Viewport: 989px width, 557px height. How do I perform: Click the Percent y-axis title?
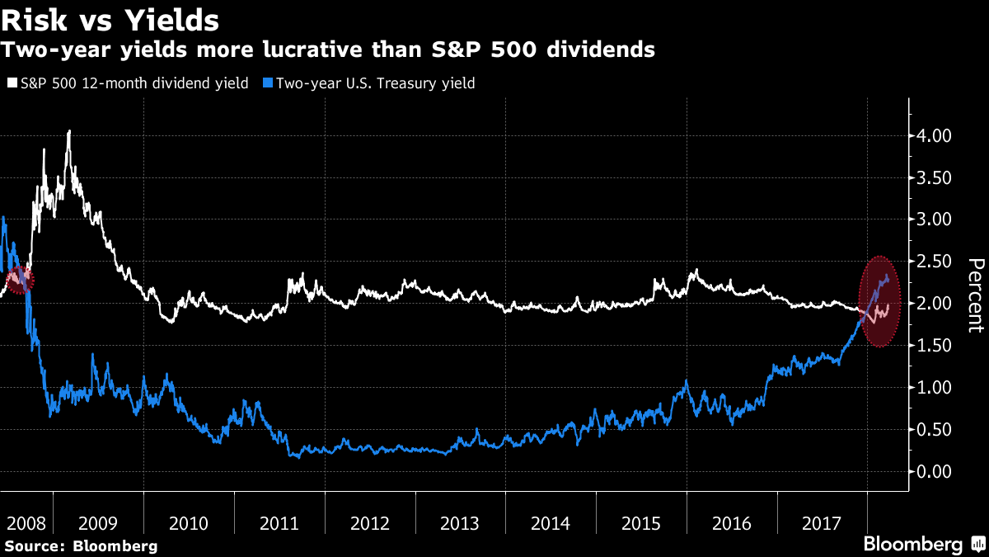975,295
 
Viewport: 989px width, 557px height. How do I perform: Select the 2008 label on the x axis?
26,524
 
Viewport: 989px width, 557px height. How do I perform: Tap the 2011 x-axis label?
279,524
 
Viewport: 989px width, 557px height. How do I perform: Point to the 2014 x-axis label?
551,524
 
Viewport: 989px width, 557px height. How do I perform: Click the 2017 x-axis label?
822,524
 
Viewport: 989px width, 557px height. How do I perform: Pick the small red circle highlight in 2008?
18,281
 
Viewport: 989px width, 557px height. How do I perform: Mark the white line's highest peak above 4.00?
69,131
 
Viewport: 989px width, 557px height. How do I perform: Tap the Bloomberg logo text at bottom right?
912,545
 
